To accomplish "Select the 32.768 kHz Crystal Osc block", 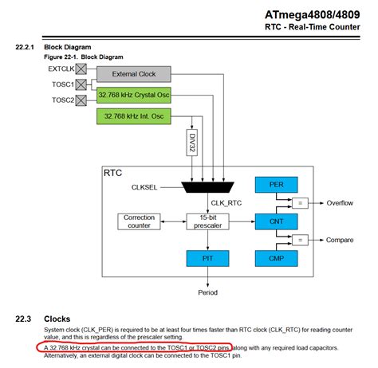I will click(133, 96).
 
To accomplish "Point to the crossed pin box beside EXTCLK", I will click(80, 70).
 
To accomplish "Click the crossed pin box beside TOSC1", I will click(80, 84).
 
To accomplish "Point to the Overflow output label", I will click(340, 203).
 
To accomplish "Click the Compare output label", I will click(340, 240).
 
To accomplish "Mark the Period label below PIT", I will click(207, 292).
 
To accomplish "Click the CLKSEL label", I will click(148, 187).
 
